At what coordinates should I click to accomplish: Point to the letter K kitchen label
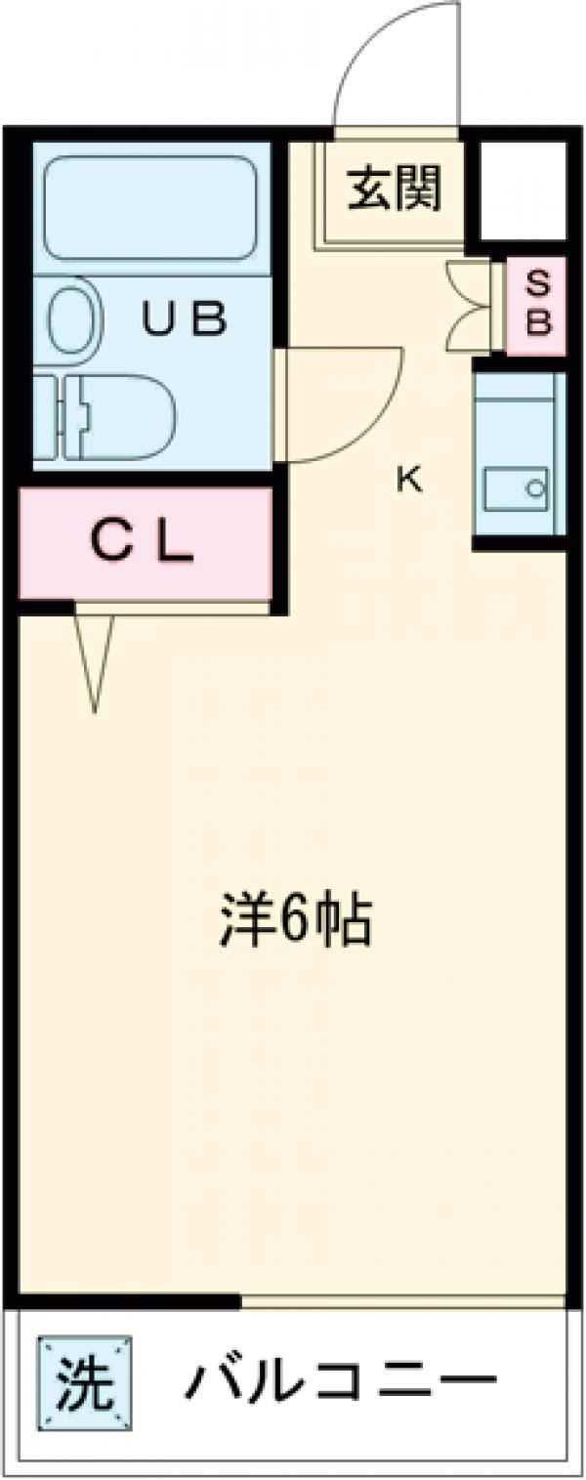tap(409, 479)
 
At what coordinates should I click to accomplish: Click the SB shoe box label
tap(538, 304)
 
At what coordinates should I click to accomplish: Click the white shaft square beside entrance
tap(523, 190)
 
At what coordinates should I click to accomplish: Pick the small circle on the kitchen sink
tap(534, 485)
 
